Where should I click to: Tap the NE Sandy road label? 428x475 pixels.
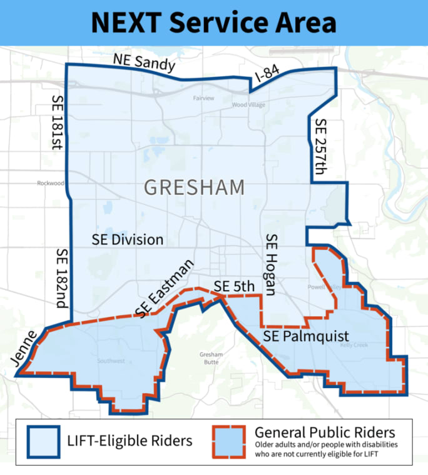coord(145,65)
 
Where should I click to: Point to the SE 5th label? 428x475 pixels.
coord(235,286)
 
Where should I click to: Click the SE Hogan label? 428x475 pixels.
coord(271,263)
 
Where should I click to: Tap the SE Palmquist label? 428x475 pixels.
coord(306,337)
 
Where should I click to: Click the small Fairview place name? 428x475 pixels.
coord(204,98)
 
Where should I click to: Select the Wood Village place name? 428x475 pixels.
coord(248,105)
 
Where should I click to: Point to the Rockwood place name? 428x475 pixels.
coord(51,183)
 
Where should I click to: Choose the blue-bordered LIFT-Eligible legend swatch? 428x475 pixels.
coord(43,441)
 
